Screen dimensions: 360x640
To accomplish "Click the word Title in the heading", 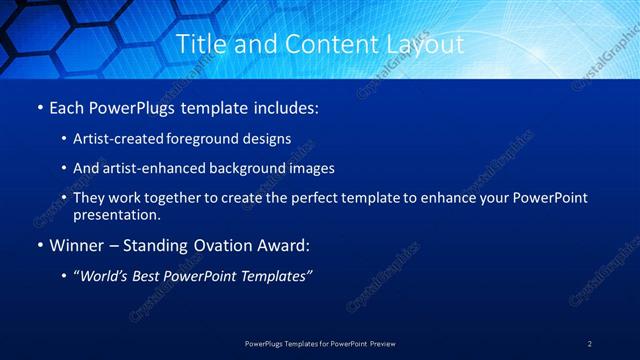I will [198, 44].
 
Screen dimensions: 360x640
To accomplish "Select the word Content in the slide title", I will [325, 44].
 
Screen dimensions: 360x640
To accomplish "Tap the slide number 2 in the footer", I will [590, 343].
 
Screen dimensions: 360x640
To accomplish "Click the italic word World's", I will [104, 276].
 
